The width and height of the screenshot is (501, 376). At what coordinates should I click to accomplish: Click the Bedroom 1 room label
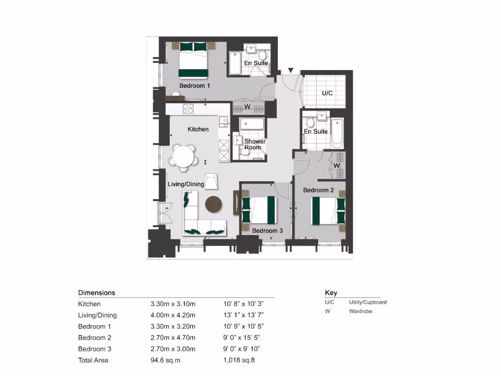pos(195,86)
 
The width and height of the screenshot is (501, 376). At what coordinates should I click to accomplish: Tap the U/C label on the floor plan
pos(327,93)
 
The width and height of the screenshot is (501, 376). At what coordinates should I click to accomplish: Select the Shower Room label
pos(255,144)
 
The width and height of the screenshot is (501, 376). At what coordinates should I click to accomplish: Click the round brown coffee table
pos(214,205)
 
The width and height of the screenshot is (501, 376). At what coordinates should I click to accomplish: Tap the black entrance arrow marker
pos(291,71)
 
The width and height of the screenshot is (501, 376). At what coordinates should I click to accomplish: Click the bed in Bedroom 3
pos(259,210)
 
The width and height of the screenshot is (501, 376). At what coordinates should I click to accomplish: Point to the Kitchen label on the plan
pos(198,129)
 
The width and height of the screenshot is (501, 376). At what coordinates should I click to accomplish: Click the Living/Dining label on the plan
pos(186,184)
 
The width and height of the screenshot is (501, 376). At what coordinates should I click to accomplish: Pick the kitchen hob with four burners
pos(188,109)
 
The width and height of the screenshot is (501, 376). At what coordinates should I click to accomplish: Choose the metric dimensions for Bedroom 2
pos(173,338)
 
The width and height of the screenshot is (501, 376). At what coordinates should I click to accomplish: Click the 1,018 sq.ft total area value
pos(239,360)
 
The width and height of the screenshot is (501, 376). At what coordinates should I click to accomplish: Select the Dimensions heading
pos(96,293)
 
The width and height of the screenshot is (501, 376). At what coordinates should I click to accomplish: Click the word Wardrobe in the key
pos(361,311)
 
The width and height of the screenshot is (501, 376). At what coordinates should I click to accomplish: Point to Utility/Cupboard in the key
pos(367,303)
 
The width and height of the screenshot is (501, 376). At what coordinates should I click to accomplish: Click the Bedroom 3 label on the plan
pos(268,230)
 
